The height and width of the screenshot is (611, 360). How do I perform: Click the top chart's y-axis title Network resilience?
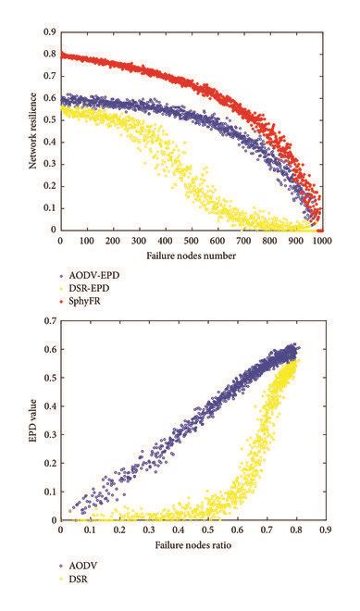tap(32, 130)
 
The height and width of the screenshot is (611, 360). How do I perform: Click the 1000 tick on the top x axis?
tap(321, 241)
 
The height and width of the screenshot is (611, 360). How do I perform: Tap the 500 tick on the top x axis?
tap(191, 241)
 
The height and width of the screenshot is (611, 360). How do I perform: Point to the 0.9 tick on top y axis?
tap(49, 31)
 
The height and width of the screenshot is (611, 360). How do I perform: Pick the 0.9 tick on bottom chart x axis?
tap(325, 531)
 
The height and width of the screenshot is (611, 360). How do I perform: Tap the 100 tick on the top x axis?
tap(86, 241)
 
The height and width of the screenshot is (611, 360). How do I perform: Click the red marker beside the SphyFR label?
tap(61, 302)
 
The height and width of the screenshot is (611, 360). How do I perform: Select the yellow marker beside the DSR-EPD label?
tap(61, 289)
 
